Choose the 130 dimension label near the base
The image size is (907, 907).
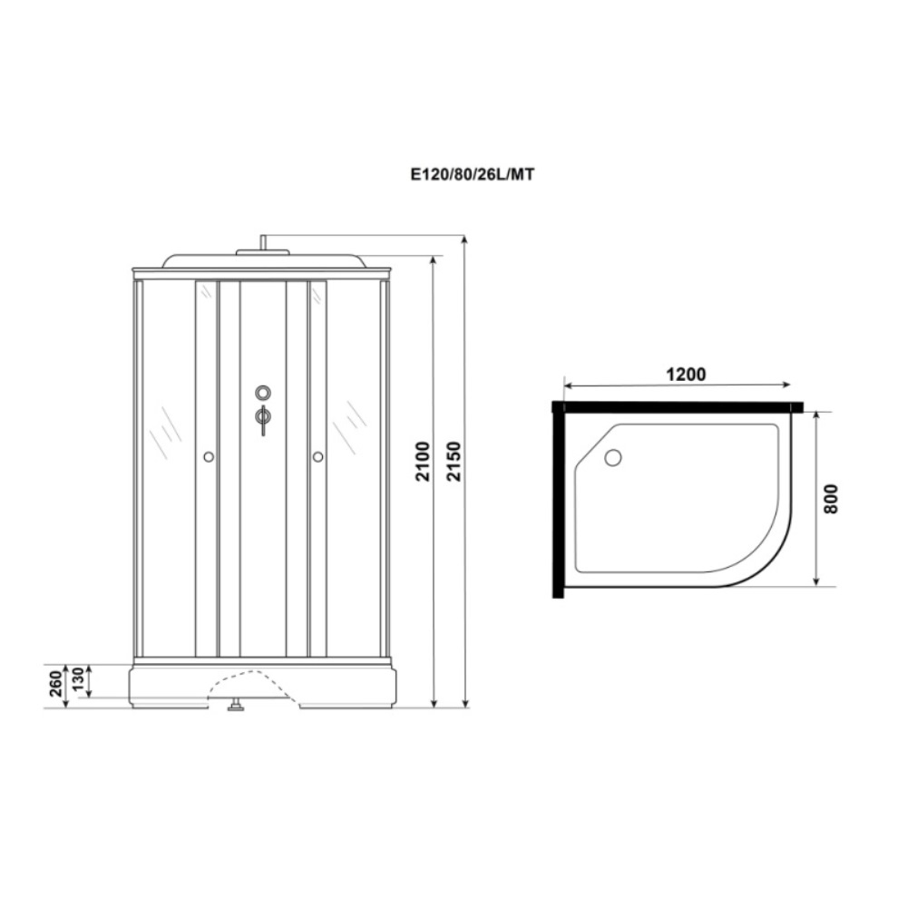pyautogui.click(x=79, y=680)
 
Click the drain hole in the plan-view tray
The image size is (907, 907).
pyautogui.click(x=613, y=458)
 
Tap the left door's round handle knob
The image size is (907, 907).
pyautogui.click(x=209, y=457)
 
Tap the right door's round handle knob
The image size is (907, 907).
pyautogui.click(x=317, y=457)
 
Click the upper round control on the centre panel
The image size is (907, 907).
pyautogui.click(x=262, y=393)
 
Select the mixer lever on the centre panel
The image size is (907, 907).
pyautogui.click(x=262, y=418)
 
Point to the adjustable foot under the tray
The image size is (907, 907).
pyautogui.click(x=239, y=705)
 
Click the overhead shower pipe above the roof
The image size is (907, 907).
pyautogui.click(x=262, y=241)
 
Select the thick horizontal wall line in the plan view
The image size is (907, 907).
pyautogui.click(x=680, y=407)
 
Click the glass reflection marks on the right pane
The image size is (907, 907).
pyautogui.click(x=350, y=426)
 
